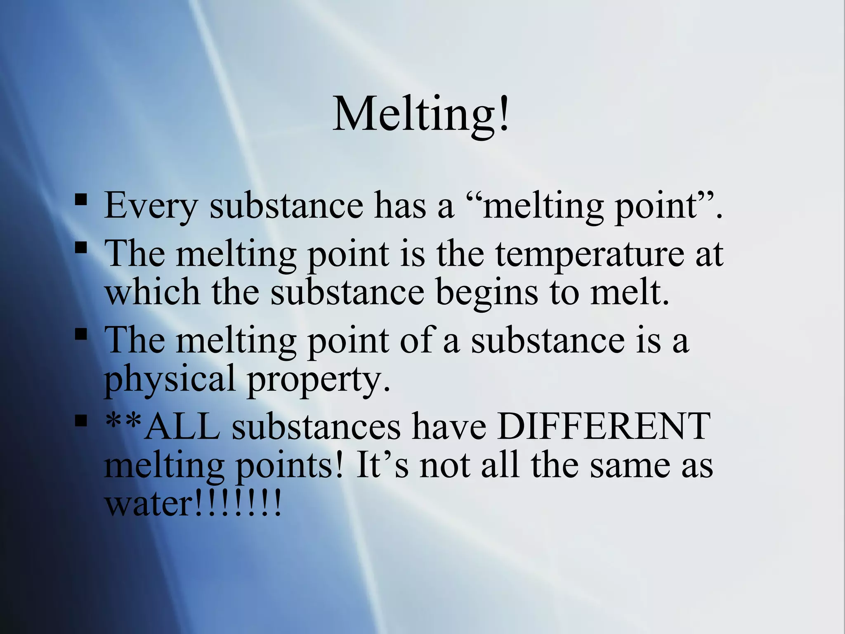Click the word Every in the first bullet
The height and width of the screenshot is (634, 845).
coord(151,205)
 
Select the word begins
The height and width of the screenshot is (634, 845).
coord(487,292)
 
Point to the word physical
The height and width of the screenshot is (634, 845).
coord(170,379)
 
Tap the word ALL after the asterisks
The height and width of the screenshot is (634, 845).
coord(183,426)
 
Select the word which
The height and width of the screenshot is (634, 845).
coord(153,292)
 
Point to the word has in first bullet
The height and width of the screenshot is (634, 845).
coord(400,205)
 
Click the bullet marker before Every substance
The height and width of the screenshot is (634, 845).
coord(81,201)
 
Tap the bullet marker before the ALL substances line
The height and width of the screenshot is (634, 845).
coord(81,421)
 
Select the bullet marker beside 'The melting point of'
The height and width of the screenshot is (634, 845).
coord(81,334)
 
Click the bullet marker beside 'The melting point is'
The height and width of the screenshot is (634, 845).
coord(81,248)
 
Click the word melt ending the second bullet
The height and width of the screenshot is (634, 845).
coord(629,292)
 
